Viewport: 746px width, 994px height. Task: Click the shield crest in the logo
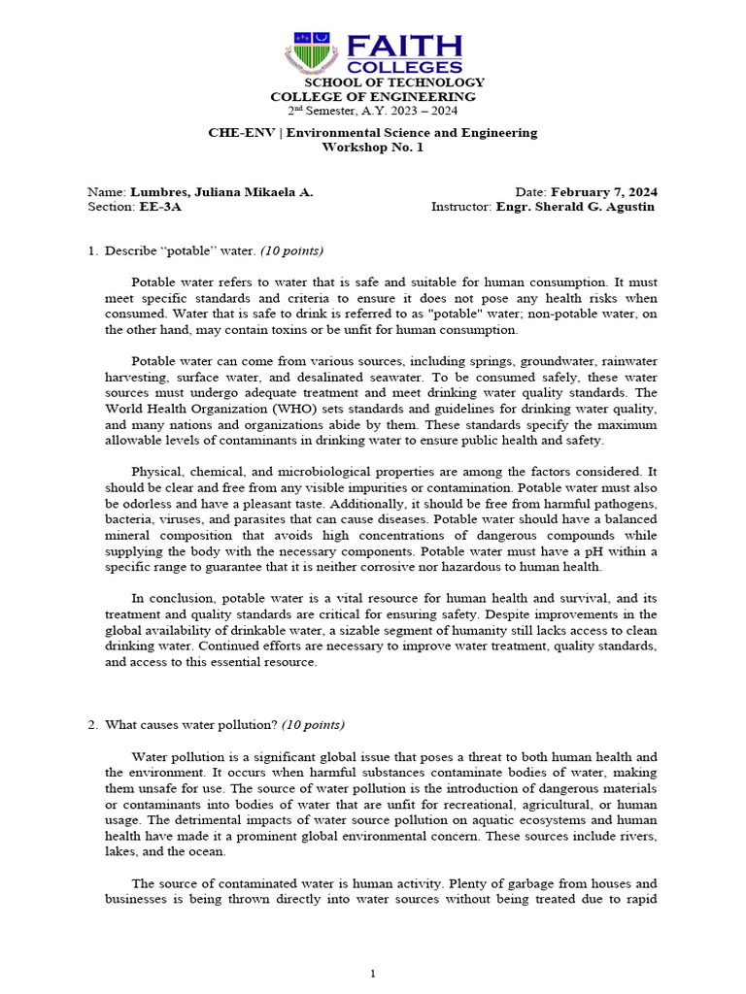coord(308,52)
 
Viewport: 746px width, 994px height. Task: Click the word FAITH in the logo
coord(404,46)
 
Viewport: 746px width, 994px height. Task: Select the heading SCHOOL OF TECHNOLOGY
coord(374,83)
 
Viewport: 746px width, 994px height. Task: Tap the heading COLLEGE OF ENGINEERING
coord(373,97)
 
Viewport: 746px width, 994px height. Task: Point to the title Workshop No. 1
coord(373,148)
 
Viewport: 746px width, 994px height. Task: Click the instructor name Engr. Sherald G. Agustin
coord(575,207)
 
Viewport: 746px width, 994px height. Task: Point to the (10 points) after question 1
coord(291,251)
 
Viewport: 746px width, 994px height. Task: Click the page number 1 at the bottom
coord(373,974)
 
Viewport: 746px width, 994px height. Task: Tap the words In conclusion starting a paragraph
coord(172,599)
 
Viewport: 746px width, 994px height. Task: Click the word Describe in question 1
coord(130,251)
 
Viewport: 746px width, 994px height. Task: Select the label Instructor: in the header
coord(461,207)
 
